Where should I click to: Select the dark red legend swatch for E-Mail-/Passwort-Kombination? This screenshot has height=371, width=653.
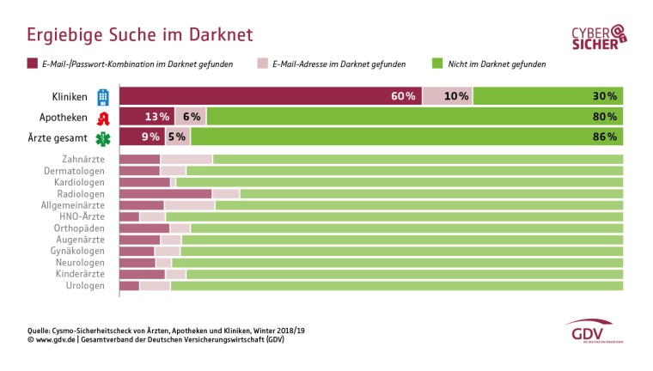(x=32, y=64)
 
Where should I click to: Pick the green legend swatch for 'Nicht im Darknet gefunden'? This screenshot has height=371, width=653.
(x=437, y=64)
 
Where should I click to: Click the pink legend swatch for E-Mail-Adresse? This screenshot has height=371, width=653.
(x=262, y=64)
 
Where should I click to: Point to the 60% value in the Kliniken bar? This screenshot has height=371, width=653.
(x=403, y=96)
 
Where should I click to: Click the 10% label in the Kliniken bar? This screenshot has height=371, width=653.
(x=456, y=96)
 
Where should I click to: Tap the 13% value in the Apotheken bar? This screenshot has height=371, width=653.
(x=157, y=117)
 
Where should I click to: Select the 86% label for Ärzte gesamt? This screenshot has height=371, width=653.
(x=604, y=137)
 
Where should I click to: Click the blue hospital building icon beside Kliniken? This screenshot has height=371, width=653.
(x=103, y=96)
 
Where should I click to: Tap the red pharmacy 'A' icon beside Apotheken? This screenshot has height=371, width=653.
(x=103, y=117)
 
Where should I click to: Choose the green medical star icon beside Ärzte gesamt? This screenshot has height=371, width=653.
(x=103, y=137)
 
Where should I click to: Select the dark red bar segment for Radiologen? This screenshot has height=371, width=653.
(x=165, y=194)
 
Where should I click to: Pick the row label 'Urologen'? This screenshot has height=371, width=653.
(x=85, y=285)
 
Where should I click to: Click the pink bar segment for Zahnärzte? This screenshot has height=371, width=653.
(x=186, y=160)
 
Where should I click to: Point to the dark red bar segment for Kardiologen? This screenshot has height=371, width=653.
(x=144, y=182)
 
